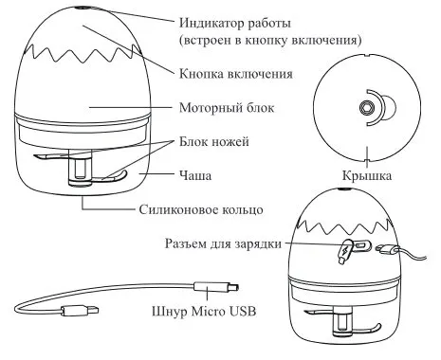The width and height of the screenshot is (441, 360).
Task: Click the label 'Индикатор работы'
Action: point(235,23)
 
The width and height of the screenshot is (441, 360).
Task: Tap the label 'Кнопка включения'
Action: point(236,74)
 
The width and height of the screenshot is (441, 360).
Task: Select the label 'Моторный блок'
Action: point(227,108)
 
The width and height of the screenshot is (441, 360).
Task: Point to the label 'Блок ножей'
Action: point(214,141)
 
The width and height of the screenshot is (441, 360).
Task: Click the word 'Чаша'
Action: point(195,175)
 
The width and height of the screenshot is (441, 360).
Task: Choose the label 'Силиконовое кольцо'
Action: point(201,209)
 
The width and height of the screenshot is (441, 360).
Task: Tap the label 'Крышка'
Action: point(367,175)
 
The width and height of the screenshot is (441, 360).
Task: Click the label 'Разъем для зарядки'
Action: point(223,243)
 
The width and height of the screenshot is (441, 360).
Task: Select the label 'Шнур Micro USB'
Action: point(204,312)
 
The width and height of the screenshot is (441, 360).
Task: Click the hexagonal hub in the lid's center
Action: point(367,109)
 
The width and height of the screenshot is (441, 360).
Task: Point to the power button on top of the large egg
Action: point(79,8)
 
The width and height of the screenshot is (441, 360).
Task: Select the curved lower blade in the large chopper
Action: point(111,177)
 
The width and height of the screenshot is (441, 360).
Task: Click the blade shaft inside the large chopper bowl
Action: point(81,169)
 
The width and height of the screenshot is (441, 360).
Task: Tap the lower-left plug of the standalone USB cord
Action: point(80,311)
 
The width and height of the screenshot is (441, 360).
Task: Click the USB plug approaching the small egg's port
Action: point(385,250)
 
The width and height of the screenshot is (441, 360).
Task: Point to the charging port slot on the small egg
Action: point(361,245)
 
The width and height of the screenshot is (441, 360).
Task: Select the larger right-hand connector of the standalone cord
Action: point(216,288)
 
